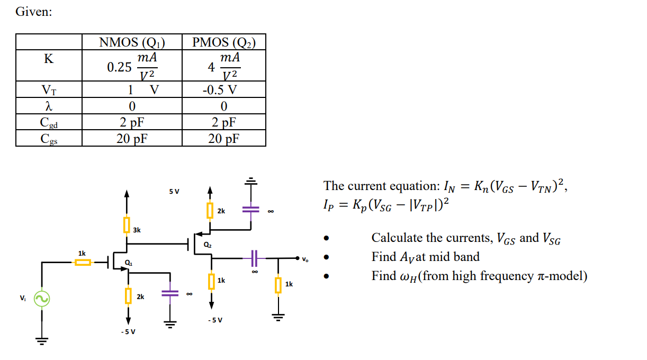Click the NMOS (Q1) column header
point(132,42)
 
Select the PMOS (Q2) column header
point(223,42)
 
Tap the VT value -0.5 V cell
point(223,89)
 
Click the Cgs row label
point(48,139)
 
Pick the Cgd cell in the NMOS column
point(132,122)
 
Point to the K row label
point(48,59)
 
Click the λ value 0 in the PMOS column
point(223,106)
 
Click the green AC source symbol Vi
point(41,299)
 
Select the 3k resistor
point(127,224)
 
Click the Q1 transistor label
point(129,263)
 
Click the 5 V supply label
point(174,191)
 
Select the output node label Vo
point(304,259)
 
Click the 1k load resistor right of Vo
point(277,285)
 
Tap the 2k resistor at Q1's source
point(128,295)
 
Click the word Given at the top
point(34,12)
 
